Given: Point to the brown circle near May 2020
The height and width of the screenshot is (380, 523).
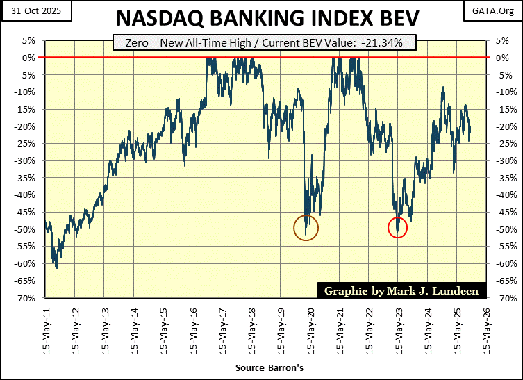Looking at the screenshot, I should (x=306, y=227).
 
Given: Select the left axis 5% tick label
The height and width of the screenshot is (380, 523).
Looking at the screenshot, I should (x=29, y=40).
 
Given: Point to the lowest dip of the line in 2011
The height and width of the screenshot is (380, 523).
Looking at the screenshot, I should (x=56, y=267).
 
